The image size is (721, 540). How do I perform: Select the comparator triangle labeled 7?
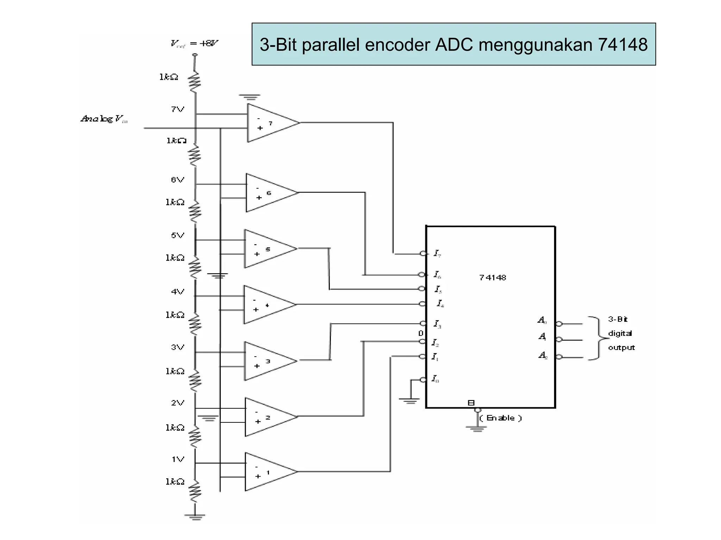pos(269,123)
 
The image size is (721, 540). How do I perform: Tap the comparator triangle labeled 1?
pos(268,472)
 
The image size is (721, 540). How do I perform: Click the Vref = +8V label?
pos(194,44)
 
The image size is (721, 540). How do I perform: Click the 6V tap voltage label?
pos(177,180)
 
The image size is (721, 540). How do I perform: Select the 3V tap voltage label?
pos(177,347)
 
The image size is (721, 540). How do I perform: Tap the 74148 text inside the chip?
pos(492,278)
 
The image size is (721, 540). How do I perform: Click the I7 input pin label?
pos(437,253)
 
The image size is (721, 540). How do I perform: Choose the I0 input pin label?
pos(435,379)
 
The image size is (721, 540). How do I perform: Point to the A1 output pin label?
pos(543,337)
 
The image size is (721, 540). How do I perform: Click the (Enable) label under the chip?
pos(500,418)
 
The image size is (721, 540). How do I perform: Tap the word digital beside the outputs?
pos(620,333)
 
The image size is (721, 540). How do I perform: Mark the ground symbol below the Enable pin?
pos(476,429)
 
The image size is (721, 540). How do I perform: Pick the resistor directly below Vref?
pos(195,82)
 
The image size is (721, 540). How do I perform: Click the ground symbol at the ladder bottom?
pos(195,517)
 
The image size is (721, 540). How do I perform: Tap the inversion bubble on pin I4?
pos(422,304)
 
